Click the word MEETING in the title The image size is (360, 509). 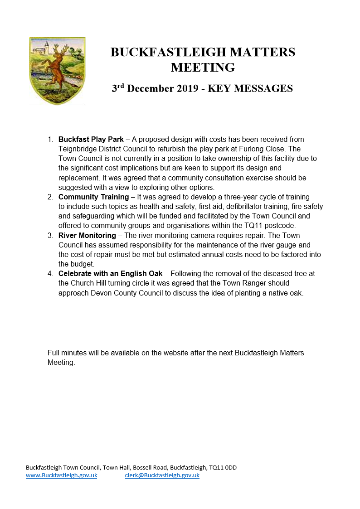tap(203, 68)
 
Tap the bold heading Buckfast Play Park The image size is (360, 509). tap(91, 139)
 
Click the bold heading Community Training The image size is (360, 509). tap(93, 197)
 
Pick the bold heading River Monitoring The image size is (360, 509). tap(87, 236)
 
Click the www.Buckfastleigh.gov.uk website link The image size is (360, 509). tap(62, 475)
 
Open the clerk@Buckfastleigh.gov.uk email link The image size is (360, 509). tap(162, 475)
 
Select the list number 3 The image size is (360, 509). tap(50, 236)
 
